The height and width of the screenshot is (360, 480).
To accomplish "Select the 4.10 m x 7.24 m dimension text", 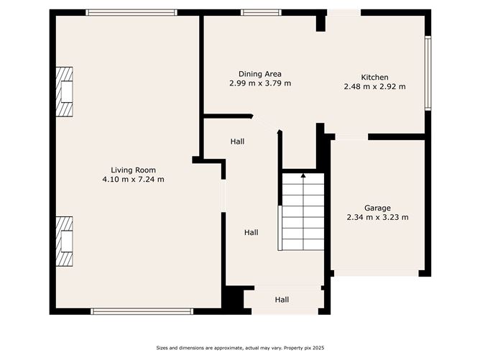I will [133, 179].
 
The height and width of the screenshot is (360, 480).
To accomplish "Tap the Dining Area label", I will [259, 74].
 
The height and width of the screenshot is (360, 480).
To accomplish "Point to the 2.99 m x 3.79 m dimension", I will [259, 83].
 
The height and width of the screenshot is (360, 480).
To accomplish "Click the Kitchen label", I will [374, 78].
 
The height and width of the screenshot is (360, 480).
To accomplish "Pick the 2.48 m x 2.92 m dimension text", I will [374, 87].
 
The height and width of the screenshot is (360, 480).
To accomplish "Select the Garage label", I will [377, 208].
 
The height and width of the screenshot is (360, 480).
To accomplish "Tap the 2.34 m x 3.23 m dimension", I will [377, 217].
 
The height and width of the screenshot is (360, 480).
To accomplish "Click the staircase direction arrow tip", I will [303, 174].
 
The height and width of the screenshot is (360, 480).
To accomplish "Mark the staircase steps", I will [303, 212].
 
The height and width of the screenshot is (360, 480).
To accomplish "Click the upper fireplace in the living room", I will [65, 92].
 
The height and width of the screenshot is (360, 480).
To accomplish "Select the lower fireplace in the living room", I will [65, 242].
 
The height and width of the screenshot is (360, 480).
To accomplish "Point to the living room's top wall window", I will [131, 12].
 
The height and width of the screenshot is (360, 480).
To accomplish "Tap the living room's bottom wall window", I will [142, 311].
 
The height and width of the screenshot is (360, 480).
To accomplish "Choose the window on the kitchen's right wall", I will [428, 73].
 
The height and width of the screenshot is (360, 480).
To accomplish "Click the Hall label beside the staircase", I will [251, 232].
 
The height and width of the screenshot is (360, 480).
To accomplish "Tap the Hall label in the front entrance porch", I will [282, 300].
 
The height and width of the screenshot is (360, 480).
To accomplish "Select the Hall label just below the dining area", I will [237, 142].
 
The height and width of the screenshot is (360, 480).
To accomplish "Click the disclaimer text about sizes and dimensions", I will [239, 349].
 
